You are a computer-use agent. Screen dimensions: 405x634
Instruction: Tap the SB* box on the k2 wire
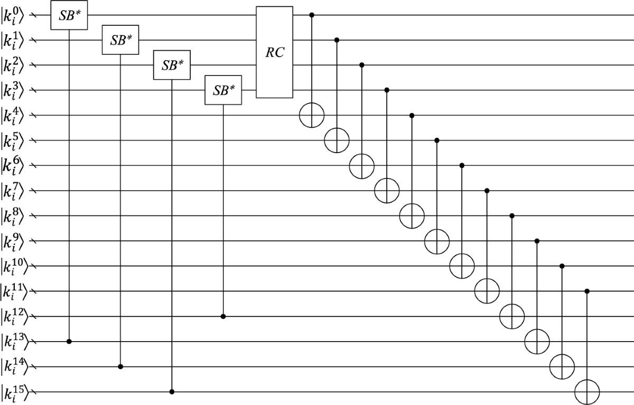pos(171,65)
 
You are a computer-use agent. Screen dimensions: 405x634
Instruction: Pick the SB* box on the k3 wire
pos(222,90)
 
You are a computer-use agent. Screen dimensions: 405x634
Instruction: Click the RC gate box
pos(274,52)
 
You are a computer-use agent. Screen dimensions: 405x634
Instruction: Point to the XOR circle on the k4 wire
pos(312,115)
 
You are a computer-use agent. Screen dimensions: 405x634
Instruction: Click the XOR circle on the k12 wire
pos(512,316)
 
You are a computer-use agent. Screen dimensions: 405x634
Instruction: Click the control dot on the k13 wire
pos(69,342)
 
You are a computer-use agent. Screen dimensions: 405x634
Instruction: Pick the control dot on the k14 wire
pos(120,366)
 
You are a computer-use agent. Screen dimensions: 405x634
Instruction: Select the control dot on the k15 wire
pos(171,392)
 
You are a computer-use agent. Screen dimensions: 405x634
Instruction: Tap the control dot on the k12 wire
pos(222,316)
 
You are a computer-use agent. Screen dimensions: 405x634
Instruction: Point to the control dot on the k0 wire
pos(312,15)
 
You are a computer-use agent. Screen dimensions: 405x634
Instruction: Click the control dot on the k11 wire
pos(587,291)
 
